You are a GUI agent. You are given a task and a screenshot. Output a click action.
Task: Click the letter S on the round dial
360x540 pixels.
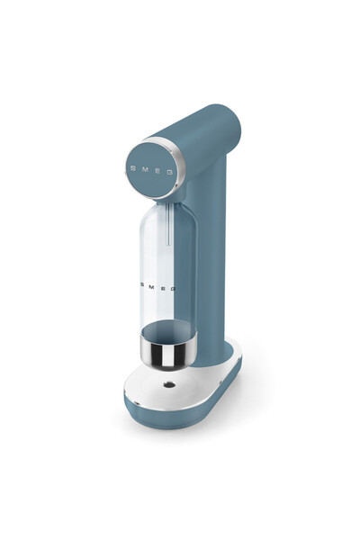[x=133, y=168]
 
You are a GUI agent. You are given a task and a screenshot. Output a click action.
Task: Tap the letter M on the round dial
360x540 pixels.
[x=144, y=169]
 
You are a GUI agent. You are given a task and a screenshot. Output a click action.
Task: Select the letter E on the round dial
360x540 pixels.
[x=157, y=171]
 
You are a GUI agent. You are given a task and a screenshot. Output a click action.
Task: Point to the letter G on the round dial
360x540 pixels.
[x=170, y=172]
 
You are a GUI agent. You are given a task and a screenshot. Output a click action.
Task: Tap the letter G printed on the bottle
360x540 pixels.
[x=173, y=289]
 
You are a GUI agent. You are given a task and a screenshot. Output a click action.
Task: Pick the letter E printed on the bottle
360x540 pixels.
[x=162, y=288]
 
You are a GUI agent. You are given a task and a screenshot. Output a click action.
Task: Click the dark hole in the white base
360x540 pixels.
[x=169, y=384]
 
